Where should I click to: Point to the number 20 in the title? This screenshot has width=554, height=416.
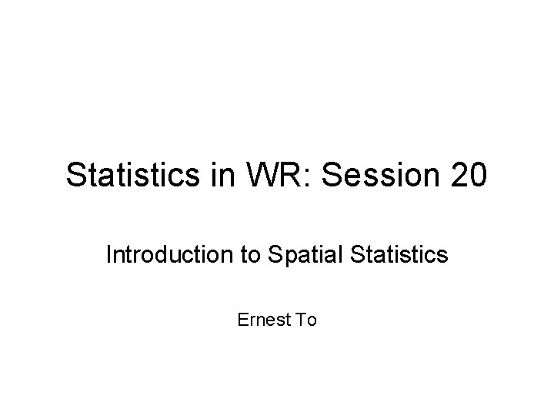coord(466,175)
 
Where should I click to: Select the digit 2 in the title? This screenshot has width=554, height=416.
coord(455,175)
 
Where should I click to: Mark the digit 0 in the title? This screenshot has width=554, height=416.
coord(476,175)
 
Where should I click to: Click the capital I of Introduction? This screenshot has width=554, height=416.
coord(108,254)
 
